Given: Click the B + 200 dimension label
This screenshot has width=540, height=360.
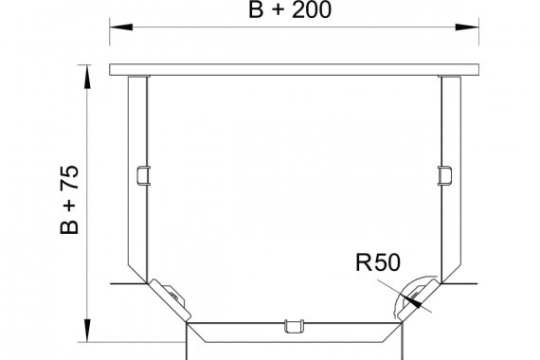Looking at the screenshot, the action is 290,9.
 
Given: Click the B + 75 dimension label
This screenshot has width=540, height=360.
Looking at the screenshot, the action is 69,200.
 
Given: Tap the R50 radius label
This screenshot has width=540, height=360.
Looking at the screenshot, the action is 378,262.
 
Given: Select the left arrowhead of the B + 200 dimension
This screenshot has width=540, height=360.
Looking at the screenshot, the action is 121,27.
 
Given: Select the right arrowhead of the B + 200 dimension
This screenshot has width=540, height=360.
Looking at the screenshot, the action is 467,27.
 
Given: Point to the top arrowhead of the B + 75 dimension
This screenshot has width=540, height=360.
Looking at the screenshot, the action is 87,77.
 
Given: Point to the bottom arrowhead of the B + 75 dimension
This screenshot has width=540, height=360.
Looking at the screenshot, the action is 87,331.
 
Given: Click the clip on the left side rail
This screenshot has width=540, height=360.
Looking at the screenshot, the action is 144,175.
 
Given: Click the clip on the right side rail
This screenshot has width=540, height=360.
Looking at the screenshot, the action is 444,175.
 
